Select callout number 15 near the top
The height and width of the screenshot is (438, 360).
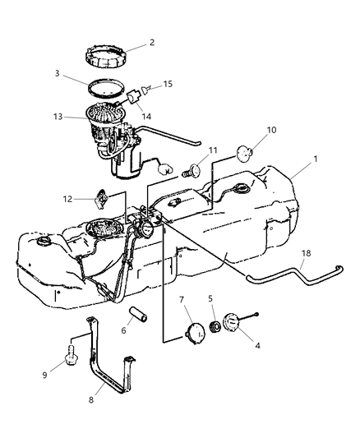point(168,84)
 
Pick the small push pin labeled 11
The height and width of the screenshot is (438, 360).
point(194,171)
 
